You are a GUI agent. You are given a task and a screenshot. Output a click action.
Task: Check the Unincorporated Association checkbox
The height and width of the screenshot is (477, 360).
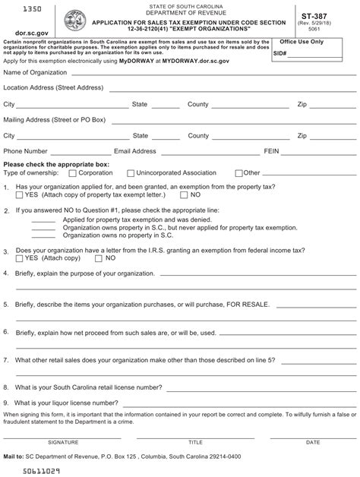click(131, 173)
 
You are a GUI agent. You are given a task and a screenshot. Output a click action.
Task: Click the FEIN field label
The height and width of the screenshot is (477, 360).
click(272, 151)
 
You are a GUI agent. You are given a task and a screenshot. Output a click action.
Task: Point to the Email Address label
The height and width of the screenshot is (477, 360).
click(134, 151)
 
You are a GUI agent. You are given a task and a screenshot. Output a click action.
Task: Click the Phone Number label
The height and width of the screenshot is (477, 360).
click(26, 151)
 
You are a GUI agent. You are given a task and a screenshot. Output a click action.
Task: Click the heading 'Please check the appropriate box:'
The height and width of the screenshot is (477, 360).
click(57, 163)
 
